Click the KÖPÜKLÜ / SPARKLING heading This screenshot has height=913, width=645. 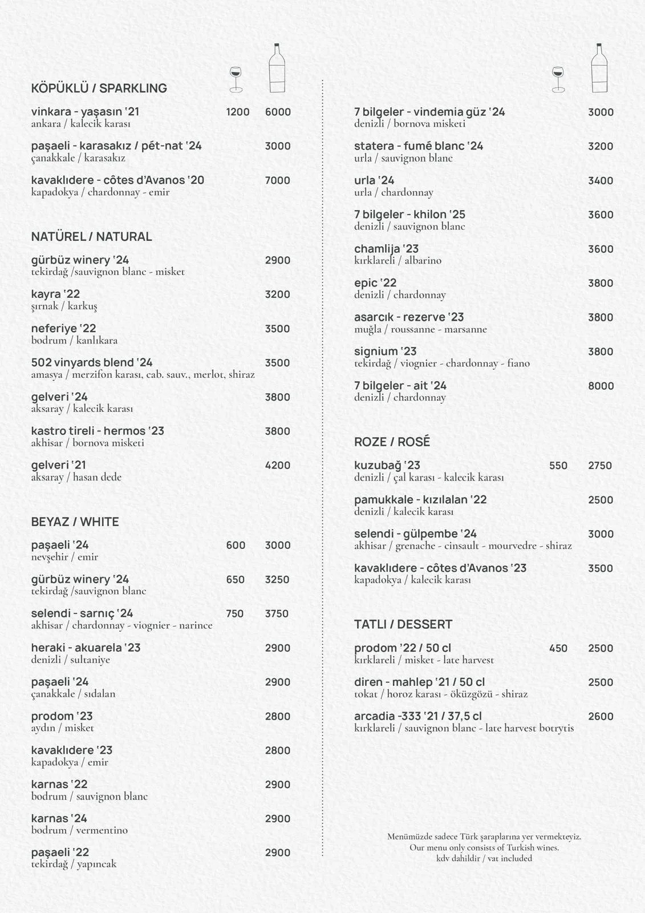coord(99,88)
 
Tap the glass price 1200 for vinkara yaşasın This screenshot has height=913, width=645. coord(237,112)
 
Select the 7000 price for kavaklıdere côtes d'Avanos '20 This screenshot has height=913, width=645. coord(278,181)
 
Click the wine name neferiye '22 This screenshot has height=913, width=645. coord(63,329)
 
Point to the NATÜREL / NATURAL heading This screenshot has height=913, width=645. coord(91,237)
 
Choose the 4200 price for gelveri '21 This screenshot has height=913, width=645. coord(278,466)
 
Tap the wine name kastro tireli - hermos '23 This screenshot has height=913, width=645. coord(98,431)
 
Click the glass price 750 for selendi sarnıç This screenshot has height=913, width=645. coord(234,614)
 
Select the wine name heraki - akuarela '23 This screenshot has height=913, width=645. coord(86,648)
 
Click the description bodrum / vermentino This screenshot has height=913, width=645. coord(79,830)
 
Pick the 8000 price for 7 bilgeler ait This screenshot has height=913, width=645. coord(601,386)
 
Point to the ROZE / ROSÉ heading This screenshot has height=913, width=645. coord(392,442)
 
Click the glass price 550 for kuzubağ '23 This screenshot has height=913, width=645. coord(558,466)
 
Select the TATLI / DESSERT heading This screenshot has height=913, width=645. coord(403,625)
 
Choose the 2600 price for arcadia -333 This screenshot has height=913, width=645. coord(601,717)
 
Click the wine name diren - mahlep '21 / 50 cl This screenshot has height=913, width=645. coord(419,682)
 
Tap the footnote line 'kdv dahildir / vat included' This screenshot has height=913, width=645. coord(484,858)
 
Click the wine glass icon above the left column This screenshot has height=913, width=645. coord(236,79)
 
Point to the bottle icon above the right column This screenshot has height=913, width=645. coord(599,68)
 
